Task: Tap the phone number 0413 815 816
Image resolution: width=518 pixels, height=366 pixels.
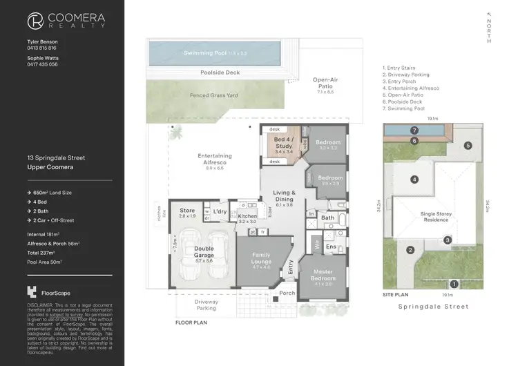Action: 41,48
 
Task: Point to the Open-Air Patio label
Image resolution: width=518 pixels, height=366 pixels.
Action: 325,83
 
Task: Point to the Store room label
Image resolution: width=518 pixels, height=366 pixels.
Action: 187,211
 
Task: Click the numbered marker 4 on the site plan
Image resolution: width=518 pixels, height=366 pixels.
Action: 414,180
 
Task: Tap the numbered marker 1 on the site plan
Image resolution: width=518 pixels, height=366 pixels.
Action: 454,283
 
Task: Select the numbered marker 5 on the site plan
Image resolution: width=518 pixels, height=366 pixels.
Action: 468,146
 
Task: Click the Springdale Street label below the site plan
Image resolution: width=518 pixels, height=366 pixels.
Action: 434,306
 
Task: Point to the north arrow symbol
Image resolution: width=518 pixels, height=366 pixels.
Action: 489,14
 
